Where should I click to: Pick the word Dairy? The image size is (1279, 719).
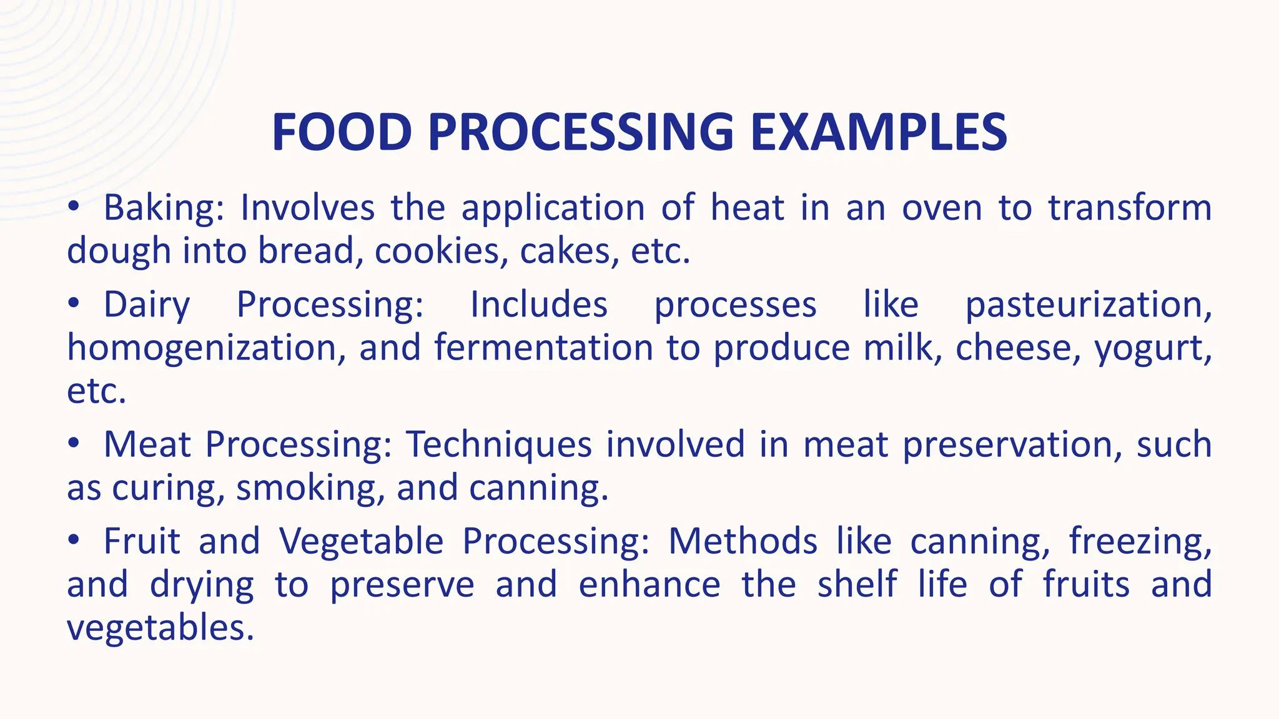tap(147, 305)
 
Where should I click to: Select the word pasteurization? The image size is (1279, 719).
tap(1088, 305)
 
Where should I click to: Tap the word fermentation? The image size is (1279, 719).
tap(543, 348)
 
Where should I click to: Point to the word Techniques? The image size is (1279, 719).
tap(499, 445)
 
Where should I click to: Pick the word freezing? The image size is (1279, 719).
tap(1140, 542)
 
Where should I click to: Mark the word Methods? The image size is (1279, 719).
tap(743, 541)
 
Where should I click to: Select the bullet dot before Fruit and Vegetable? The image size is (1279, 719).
tap(74, 540)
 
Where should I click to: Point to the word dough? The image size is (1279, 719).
tap(119, 252)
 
